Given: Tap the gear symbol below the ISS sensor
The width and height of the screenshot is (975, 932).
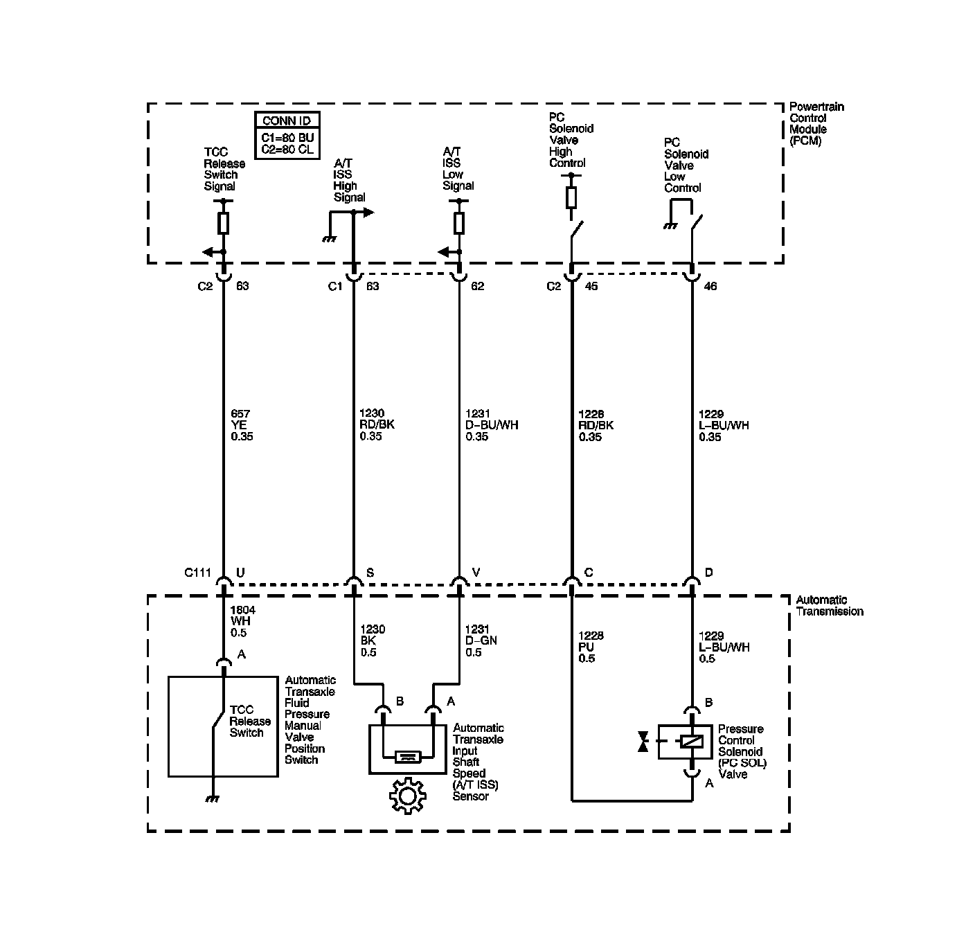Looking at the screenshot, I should [406, 796].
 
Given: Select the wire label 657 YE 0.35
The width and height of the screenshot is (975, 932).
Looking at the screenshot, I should [242, 425].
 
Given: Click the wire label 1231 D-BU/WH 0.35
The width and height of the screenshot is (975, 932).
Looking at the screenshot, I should [491, 425].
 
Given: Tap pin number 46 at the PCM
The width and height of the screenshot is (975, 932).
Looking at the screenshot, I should [710, 286].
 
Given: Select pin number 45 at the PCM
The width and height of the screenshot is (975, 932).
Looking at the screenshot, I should [591, 286].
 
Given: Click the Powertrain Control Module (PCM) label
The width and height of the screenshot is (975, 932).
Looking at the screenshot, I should [816, 123].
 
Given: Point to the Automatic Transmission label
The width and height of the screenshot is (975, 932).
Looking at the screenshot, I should [829, 606].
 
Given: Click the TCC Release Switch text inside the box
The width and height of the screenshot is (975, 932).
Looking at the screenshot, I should [247, 721].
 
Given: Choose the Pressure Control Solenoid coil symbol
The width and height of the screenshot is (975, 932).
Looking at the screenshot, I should [692, 742].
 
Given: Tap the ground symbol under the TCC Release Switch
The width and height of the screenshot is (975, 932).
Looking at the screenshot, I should [213, 799].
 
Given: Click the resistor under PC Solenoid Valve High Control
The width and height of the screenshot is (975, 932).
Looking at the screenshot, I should [571, 198].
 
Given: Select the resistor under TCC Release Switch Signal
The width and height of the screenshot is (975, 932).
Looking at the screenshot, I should [223, 223].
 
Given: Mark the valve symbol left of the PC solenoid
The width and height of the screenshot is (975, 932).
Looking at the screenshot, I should [644, 742].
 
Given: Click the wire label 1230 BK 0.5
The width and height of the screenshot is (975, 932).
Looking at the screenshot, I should [373, 640].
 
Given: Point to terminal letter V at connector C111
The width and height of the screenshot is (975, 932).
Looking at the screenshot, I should [476, 573].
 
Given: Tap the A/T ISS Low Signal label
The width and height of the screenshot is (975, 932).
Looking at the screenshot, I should [458, 169].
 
